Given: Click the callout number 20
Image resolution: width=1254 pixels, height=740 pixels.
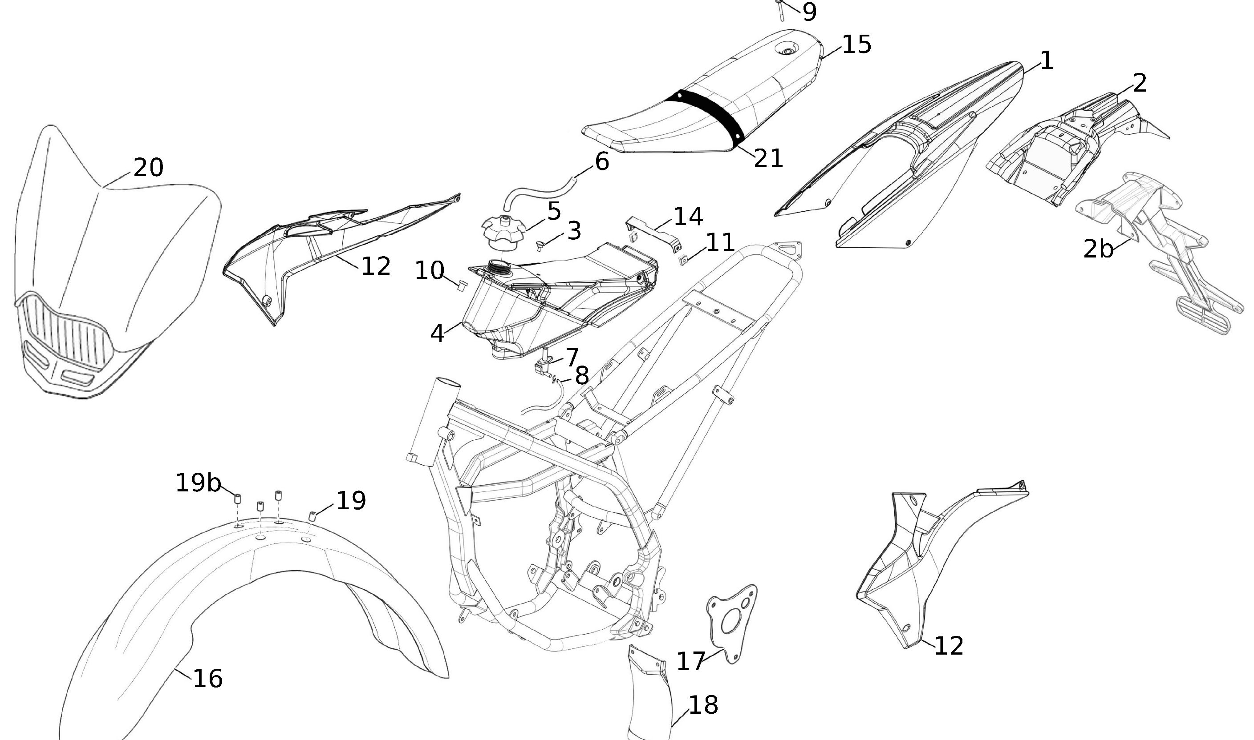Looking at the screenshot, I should click(x=148, y=168).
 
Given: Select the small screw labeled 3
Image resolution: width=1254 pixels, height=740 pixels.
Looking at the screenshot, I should click(x=540, y=244).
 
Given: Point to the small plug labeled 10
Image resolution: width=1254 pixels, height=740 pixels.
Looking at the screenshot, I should click(x=462, y=285).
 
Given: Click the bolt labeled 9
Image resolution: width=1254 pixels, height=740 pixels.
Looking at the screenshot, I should click(x=780, y=9).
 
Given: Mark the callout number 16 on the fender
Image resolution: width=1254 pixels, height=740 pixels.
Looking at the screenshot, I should click(x=207, y=679).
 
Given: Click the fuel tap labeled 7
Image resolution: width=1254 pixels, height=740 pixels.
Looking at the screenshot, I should click(x=545, y=364).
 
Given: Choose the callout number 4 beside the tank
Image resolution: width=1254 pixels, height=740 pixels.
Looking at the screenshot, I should click(x=437, y=333).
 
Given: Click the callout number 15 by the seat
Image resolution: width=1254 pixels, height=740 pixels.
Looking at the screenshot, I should click(x=856, y=44).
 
